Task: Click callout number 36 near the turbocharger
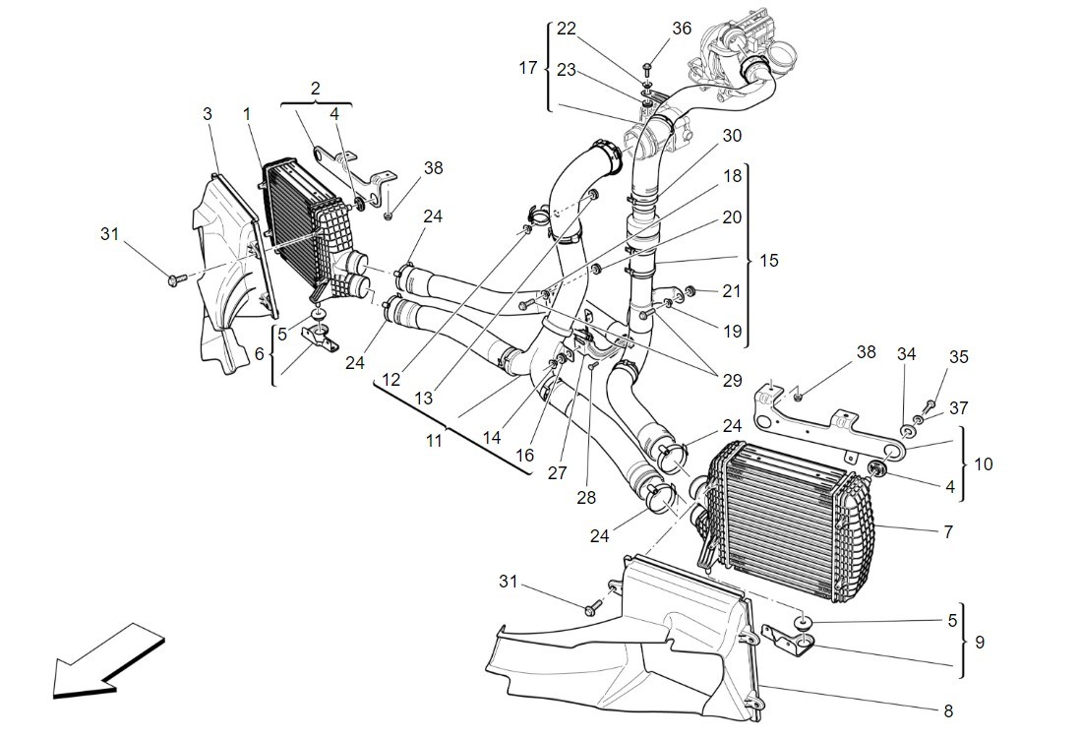click(x=682, y=29)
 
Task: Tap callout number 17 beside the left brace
click(x=528, y=68)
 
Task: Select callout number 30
click(x=732, y=136)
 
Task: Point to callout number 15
click(x=768, y=261)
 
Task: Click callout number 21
click(x=732, y=291)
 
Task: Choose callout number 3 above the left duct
click(x=208, y=113)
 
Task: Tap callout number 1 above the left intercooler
click(x=247, y=113)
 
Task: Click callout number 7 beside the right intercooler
click(x=948, y=531)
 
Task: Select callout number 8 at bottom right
click(x=948, y=710)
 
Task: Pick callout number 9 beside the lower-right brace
click(x=980, y=642)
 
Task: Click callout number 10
click(x=984, y=464)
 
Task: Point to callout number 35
click(x=959, y=357)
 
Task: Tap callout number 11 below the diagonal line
click(x=434, y=440)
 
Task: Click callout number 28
click(x=586, y=497)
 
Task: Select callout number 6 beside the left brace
click(x=259, y=354)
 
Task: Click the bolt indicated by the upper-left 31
click(x=175, y=279)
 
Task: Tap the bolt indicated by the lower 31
click(x=592, y=609)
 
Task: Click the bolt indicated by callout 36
click(x=648, y=68)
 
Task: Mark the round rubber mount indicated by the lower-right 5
click(x=804, y=623)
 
